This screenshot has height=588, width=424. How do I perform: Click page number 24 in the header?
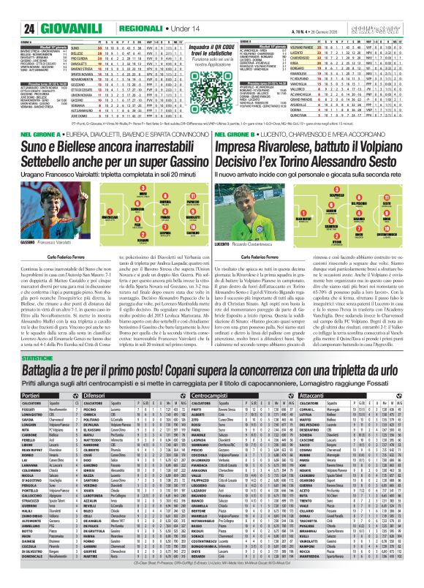pyautogui.click(x=10, y=8)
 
